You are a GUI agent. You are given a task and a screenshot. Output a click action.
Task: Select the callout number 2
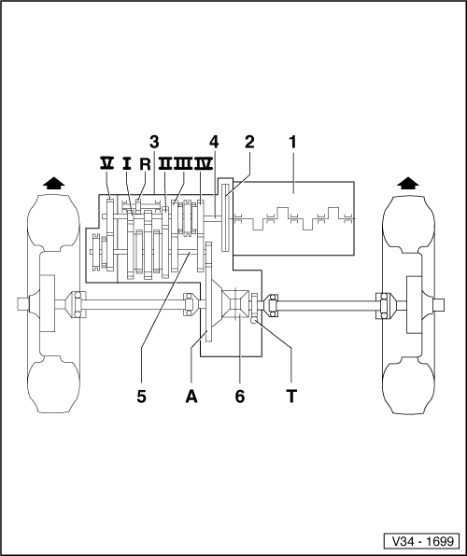click(249, 143)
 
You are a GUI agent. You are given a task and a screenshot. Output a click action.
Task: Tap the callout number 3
click(154, 143)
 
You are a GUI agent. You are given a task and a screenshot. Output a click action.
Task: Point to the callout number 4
click(214, 143)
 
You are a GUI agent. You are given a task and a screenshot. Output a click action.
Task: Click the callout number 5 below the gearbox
click(142, 396)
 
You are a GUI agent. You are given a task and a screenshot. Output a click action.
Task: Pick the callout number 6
click(240, 396)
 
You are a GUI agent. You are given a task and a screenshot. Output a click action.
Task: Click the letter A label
click(192, 396)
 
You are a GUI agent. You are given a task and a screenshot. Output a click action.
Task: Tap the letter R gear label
click(145, 163)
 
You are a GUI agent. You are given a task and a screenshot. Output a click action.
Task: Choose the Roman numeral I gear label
click(126, 162)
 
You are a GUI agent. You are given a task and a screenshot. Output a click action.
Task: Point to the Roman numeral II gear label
click(165, 162)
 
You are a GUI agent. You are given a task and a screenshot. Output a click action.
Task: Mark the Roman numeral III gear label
click(184, 162)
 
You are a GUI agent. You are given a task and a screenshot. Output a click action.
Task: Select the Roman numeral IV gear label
click(205, 162)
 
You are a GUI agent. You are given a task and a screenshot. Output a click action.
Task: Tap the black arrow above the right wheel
click(407, 183)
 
